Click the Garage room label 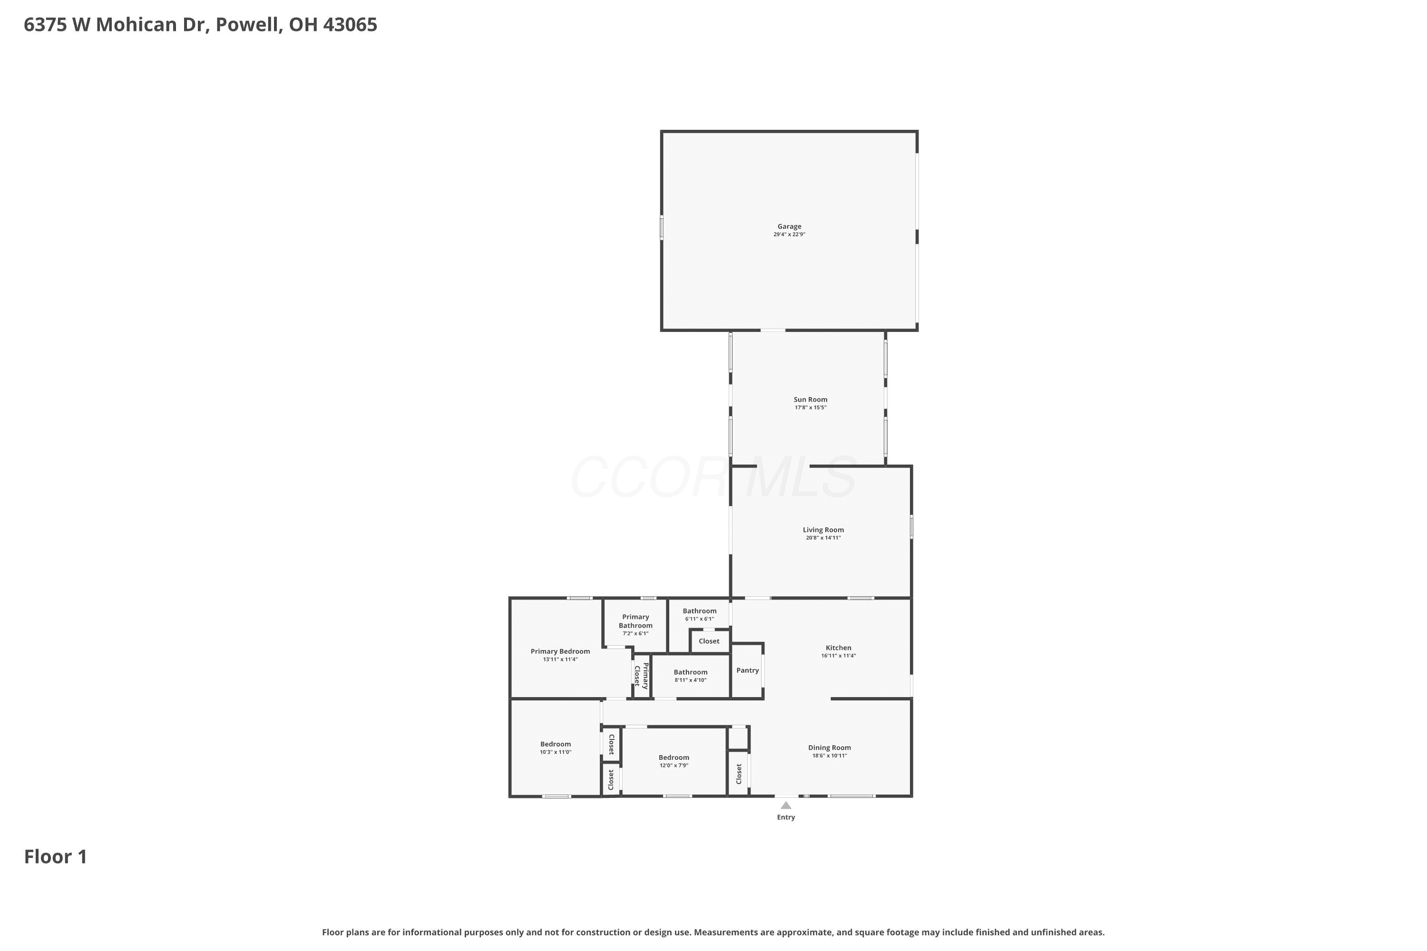pyautogui.click(x=789, y=226)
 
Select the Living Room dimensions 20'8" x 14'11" pyautogui.click(x=823, y=537)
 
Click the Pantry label pyautogui.click(x=747, y=670)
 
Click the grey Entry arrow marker pyautogui.click(x=786, y=805)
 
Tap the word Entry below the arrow pyautogui.click(x=786, y=817)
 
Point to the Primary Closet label pyautogui.click(x=641, y=676)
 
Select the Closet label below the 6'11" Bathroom pyautogui.click(x=709, y=640)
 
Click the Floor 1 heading pyautogui.click(x=56, y=856)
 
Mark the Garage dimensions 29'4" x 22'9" pyautogui.click(x=789, y=234)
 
